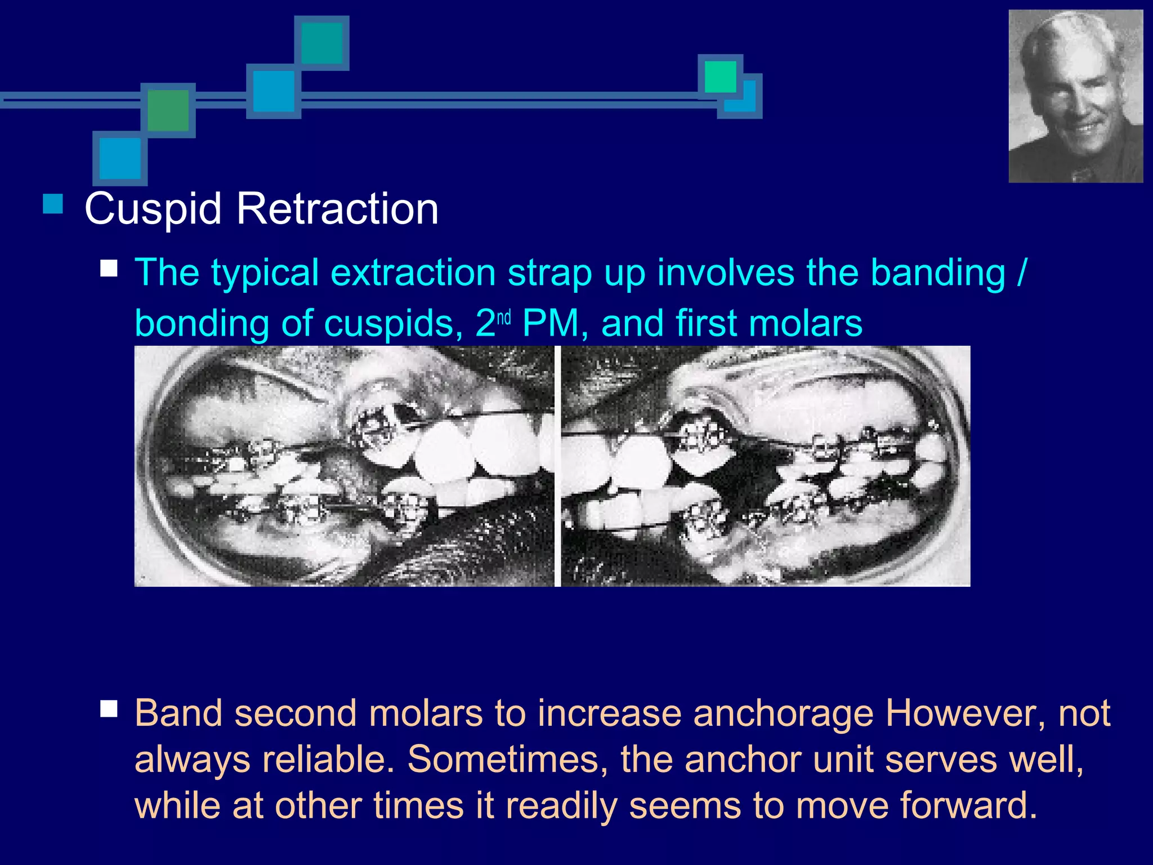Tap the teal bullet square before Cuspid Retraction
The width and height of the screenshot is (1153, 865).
[53, 204]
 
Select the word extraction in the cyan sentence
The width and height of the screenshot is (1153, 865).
[413, 273]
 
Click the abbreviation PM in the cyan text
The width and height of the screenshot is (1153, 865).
[550, 324]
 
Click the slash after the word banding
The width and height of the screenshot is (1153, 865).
[1022, 273]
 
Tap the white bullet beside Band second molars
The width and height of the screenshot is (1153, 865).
[109, 708]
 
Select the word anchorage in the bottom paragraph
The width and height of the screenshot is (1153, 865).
[783, 714]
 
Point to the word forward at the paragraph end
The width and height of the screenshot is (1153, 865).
[968, 805]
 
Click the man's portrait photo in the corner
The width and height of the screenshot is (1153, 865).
[1075, 96]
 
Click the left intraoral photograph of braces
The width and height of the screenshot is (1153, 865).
[344, 466]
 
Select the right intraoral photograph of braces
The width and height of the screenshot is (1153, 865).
[766, 466]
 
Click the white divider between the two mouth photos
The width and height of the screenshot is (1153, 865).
[557, 466]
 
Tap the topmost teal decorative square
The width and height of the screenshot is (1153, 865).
[321, 43]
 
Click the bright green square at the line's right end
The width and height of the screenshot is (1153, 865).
[720, 77]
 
